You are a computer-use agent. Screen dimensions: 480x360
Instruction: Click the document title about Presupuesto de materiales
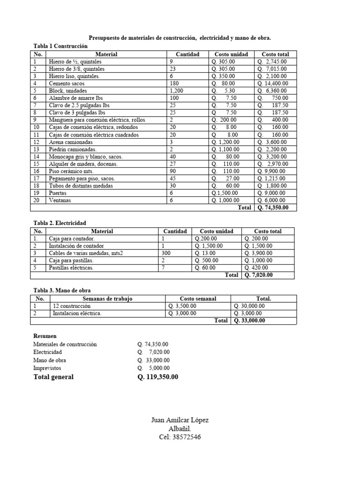pyautogui.click(x=180, y=37)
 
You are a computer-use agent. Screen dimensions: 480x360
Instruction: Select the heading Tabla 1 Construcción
pyautogui.click(x=60, y=46)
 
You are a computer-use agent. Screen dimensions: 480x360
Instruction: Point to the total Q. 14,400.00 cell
pyautogui.click(x=273, y=83)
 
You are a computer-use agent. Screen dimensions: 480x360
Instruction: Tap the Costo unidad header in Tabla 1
pyautogui.click(x=231, y=54)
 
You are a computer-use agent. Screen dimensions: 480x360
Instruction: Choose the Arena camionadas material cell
pyautogui.click(x=71, y=142)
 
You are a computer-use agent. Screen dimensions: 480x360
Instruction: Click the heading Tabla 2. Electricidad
pyautogui.click(x=60, y=223)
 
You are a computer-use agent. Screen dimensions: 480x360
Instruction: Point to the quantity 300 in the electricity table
pyautogui.click(x=166, y=253)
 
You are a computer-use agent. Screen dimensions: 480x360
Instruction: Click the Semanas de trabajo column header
pyautogui.click(x=108, y=299)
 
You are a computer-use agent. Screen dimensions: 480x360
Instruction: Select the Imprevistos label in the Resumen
pyautogui.click(x=47, y=368)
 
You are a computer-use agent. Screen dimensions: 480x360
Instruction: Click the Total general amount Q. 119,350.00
pyautogui.click(x=158, y=377)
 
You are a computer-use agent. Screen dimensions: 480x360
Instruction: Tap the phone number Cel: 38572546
pyautogui.click(x=180, y=437)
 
